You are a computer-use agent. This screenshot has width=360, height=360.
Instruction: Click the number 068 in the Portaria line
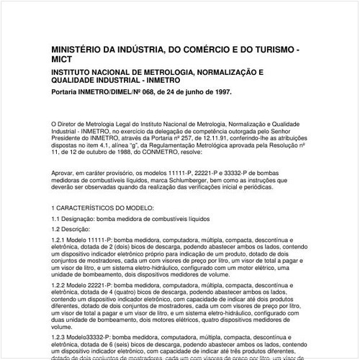click(x=150, y=92)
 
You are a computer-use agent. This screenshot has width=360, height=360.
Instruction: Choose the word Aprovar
click(x=63, y=174)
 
